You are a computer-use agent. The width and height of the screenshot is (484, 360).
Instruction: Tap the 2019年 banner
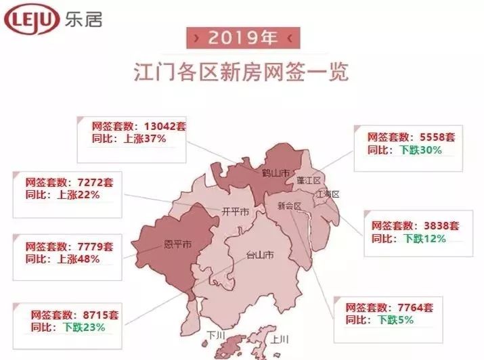tap(242, 39)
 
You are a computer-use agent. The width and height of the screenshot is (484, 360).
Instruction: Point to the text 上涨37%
tap(144, 139)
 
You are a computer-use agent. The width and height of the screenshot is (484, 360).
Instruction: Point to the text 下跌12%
tap(424, 239)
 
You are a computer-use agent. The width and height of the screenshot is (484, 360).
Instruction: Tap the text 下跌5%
tap(395, 320)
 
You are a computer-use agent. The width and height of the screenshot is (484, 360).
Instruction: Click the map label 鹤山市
tap(276, 173)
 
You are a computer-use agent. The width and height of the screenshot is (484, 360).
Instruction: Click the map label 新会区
tap(289, 206)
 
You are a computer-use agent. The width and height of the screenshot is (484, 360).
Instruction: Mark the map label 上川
tap(280, 339)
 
